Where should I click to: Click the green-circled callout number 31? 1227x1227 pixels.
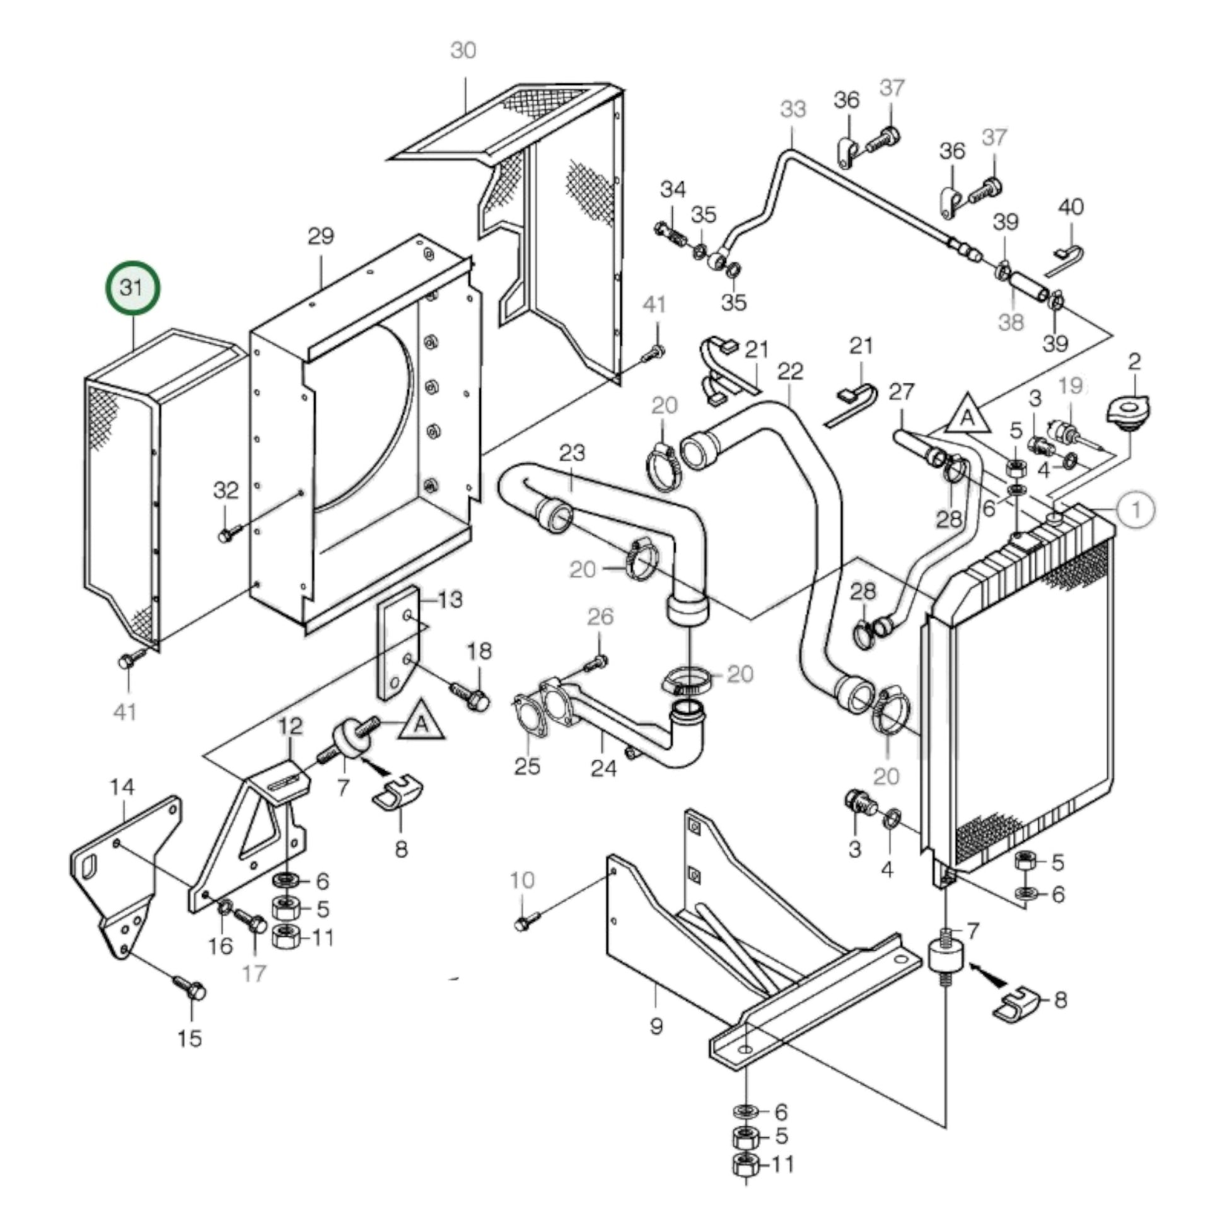pos(132,288)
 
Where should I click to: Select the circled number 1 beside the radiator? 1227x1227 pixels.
pos(1136,510)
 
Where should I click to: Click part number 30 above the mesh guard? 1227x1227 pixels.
pos(463,50)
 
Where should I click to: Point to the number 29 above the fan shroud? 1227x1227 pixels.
pos(321,236)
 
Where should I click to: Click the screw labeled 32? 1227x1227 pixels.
pos(227,534)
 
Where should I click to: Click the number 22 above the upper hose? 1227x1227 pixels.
pos(790,371)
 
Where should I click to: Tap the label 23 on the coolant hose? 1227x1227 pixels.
pos(572,453)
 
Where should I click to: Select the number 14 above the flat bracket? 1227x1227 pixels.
pos(122,788)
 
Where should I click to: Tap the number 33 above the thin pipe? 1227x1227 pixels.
pos(793,109)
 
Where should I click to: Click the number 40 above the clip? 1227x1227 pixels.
pos(1071,207)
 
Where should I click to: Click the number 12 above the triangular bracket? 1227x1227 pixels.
pos(291,725)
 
